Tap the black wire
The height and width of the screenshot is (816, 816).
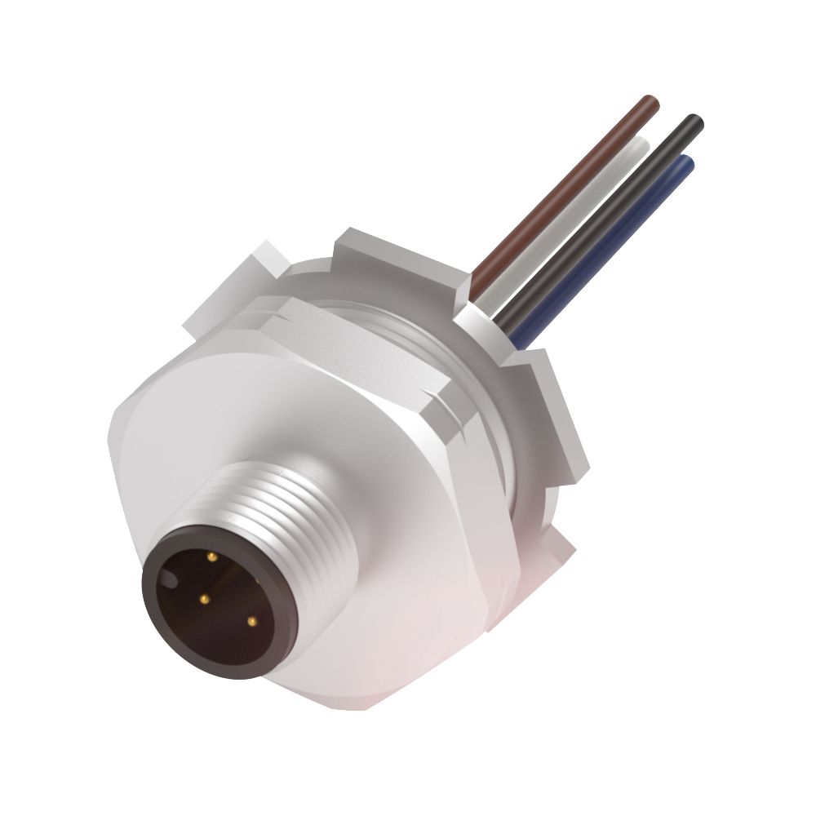tap(620, 204)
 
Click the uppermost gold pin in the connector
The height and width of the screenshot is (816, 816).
tap(212, 557)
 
